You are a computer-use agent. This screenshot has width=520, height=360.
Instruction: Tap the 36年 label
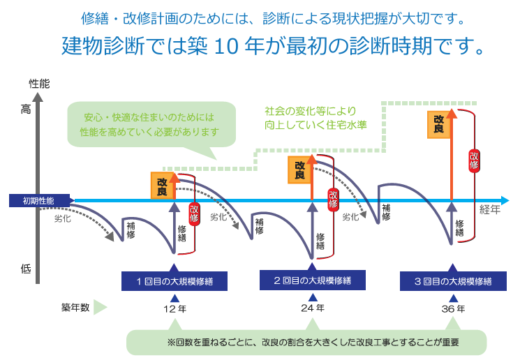[453, 308]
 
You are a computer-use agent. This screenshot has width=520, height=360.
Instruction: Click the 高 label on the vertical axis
[26, 109]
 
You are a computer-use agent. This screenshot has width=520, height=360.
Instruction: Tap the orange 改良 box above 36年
[438, 123]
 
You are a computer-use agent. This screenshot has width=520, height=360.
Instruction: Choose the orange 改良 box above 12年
[161, 186]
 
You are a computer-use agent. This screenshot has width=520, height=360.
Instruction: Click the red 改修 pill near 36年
[474, 159]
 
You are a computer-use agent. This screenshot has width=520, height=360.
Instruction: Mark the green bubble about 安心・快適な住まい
[149, 124]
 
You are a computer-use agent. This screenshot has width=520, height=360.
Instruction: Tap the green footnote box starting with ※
[306, 343]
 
